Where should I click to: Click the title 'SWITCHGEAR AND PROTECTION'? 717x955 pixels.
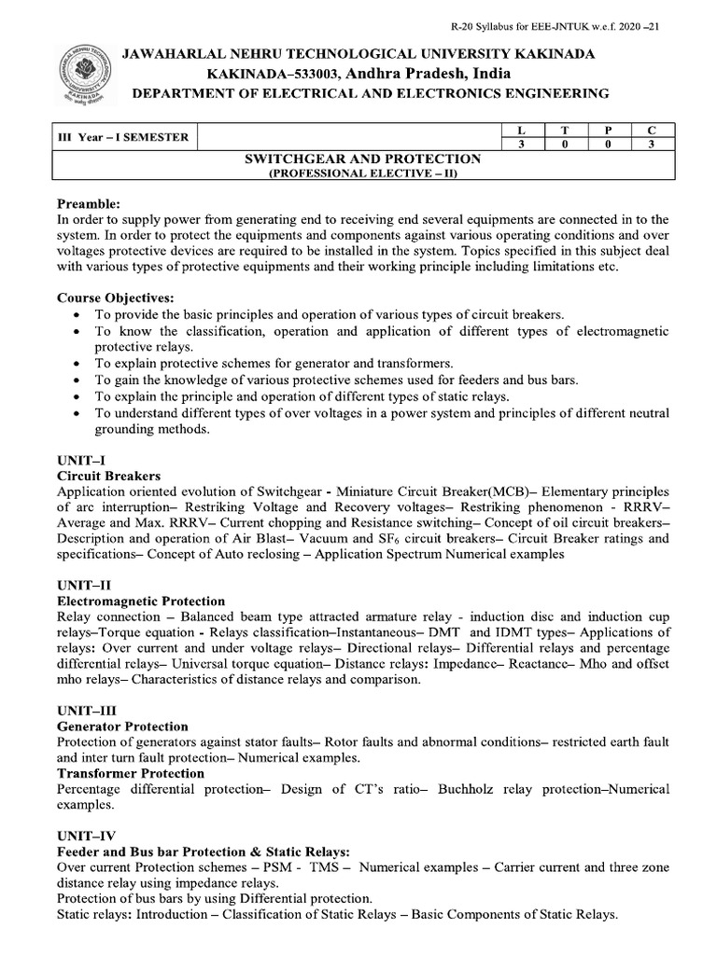pyautogui.click(x=363, y=159)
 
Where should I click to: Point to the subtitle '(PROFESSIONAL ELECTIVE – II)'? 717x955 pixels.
pyautogui.click(x=363, y=173)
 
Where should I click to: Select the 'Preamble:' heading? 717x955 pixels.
pyautogui.click(x=89, y=203)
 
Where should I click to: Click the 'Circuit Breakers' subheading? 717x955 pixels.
pyautogui.click(x=109, y=476)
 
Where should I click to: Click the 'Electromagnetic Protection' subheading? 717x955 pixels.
pyautogui.click(x=141, y=602)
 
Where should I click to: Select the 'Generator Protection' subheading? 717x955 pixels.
pyautogui.click(x=122, y=727)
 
